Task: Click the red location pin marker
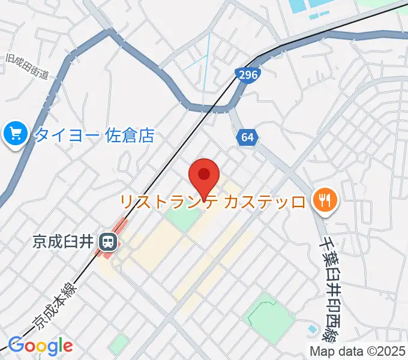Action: tap(204, 176)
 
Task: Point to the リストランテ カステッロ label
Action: tap(213, 201)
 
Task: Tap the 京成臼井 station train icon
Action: tap(108, 241)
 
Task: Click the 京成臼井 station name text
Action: tap(62, 242)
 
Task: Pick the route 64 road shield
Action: tap(247, 137)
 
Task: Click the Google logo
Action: tap(40, 346)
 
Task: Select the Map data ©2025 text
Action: tap(358, 351)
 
